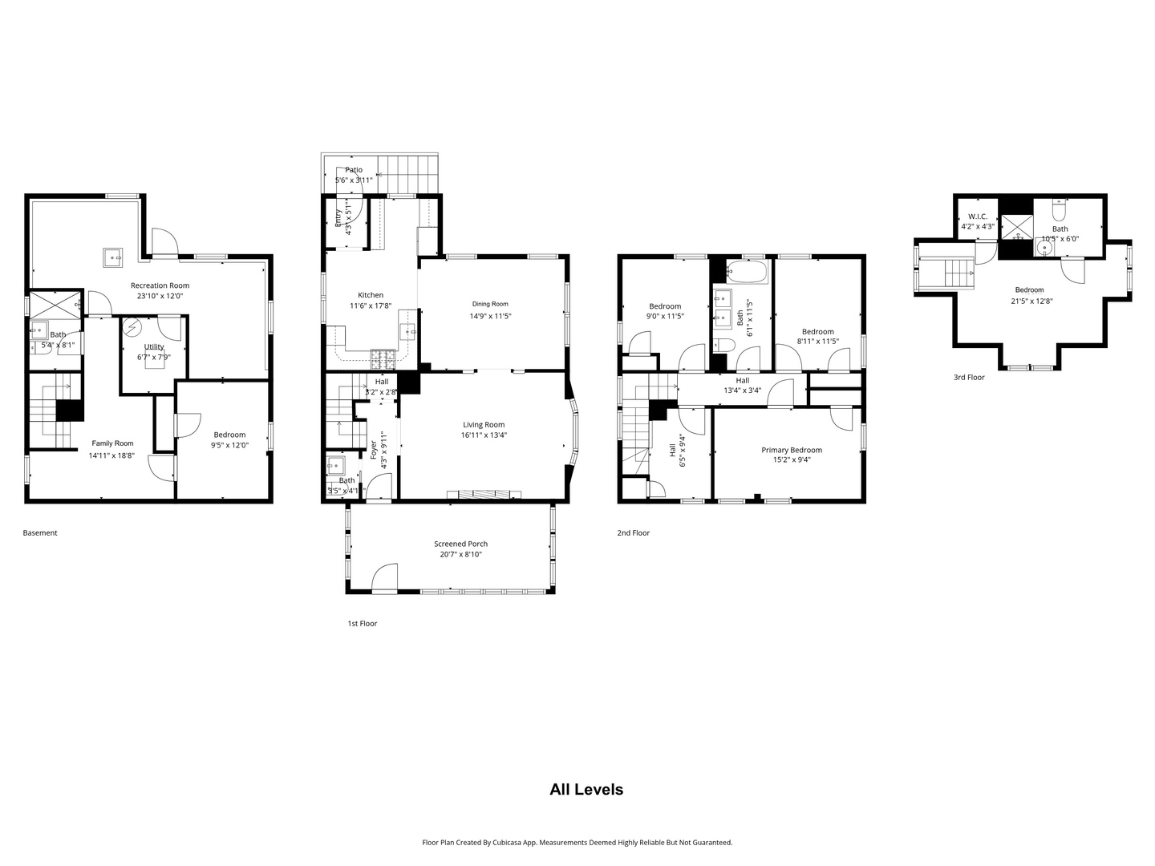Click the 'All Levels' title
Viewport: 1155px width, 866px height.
586,789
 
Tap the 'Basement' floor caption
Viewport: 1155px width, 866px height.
40,532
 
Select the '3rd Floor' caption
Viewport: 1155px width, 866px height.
968,377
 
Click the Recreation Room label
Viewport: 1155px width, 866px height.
160,285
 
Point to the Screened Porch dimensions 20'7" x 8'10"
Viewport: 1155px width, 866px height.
460,554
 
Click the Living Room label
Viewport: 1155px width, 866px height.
484,425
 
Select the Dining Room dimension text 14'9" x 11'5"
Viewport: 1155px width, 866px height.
490,316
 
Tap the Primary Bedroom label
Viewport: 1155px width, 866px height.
791,450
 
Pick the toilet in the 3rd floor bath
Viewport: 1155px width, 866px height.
1059,211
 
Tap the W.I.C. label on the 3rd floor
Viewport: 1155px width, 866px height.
977,216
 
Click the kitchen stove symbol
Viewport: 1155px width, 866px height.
383,354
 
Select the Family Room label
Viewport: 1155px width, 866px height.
112,443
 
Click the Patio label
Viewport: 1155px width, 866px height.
354,170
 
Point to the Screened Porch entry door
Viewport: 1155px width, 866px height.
384,579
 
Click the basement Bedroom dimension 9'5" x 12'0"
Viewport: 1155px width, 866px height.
229,445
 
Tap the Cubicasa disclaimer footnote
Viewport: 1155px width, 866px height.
577,842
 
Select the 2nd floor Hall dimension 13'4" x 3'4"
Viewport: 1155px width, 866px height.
742,391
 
